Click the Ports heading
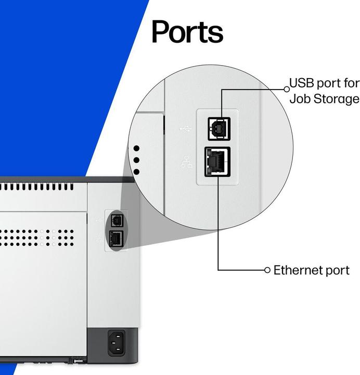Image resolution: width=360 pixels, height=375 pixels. coord(187,32)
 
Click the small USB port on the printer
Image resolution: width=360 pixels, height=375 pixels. coord(116,220)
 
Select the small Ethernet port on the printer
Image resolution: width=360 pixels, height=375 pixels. coord(115,239)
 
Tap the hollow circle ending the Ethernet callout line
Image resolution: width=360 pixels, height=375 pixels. coord(267,270)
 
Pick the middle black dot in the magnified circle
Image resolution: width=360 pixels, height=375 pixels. coord(137,160)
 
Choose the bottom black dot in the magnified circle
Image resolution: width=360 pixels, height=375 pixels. coord(137,171)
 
